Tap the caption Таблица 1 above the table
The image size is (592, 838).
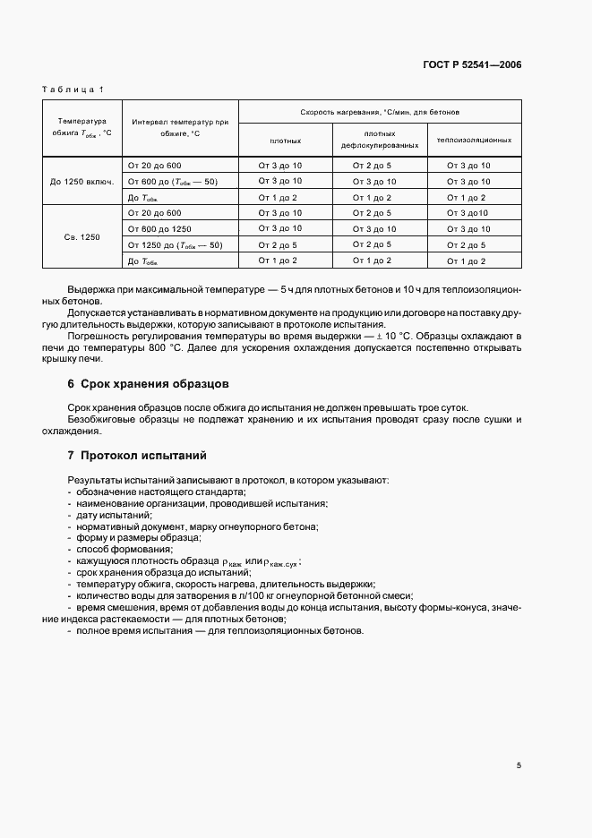[73, 90]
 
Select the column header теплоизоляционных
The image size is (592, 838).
[474, 141]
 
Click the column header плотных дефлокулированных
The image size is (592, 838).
[380, 139]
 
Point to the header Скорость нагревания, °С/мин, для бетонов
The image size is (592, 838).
[381, 112]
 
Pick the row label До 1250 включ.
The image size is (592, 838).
[82, 182]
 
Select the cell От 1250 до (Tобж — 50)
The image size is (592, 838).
[175, 244]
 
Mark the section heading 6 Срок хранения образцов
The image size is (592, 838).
[149, 384]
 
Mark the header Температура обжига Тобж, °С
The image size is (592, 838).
[82, 126]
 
